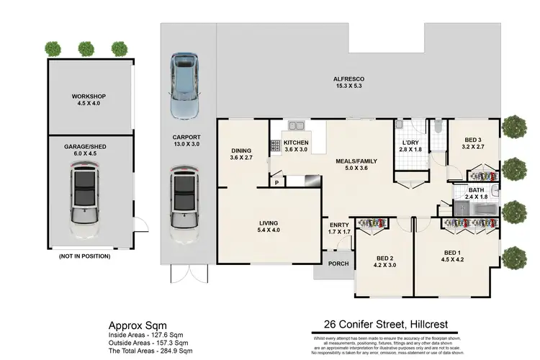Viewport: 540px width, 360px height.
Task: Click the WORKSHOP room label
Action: [x=89, y=96]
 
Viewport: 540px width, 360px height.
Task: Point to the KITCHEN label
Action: [x=296, y=143]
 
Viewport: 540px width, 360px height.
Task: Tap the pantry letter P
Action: [x=276, y=183]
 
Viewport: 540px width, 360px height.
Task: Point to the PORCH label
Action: [x=338, y=264]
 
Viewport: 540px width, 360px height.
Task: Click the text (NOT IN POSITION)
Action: [x=84, y=256]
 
